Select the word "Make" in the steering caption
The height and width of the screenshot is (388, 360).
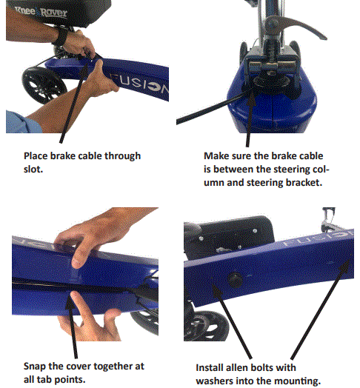pos(216,156)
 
